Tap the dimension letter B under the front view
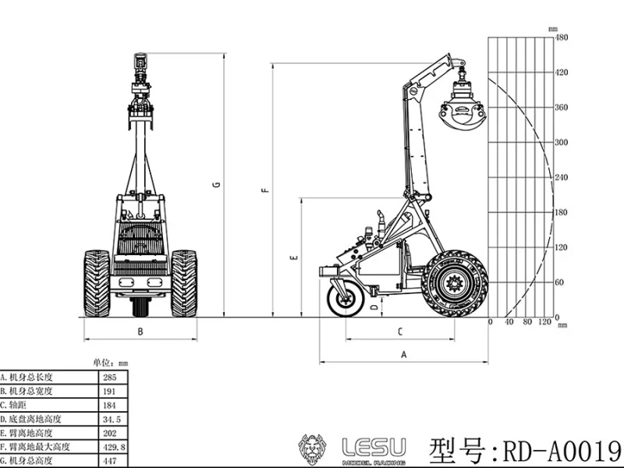coord(140,331)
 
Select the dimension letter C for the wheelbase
coord(399,331)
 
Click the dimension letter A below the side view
coord(403,353)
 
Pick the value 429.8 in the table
coord(110,447)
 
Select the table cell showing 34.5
coord(108,419)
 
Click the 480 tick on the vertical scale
coord(560,37)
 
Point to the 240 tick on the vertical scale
coord(560,177)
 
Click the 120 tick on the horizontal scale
coord(545,322)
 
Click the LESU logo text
coord(374,447)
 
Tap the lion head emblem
coord(314,449)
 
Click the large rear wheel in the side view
coord(454,282)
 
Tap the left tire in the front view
coord(97,283)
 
